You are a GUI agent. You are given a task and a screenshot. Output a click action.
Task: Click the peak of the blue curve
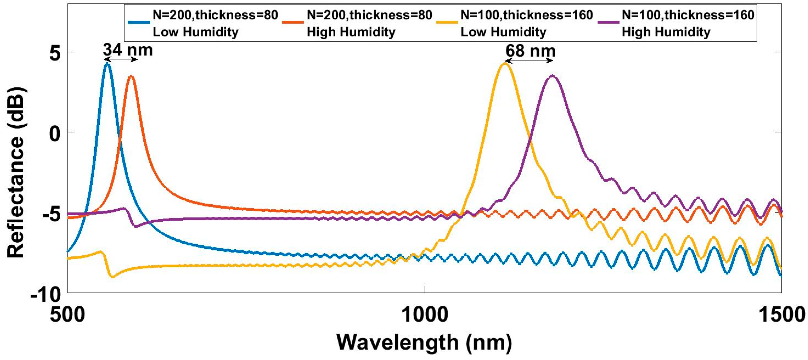click(x=107, y=64)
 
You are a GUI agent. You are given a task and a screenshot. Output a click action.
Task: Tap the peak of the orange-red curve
click(x=131, y=76)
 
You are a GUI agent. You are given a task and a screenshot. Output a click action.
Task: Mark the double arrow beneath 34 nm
click(x=121, y=59)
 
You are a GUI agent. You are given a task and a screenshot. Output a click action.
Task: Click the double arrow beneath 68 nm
click(x=529, y=61)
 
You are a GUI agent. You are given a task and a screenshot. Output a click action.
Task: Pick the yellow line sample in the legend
click(x=447, y=22)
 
